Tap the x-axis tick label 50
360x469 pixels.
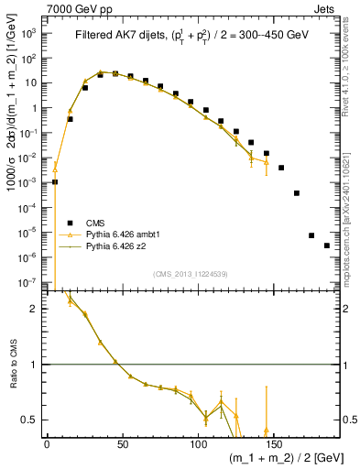click(x=122, y=444)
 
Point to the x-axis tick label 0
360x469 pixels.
click(x=47, y=444)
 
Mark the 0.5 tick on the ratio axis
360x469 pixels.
click(x=31, y=420)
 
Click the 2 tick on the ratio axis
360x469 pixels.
click(x=36, y=309)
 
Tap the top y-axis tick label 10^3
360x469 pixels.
click(x=30, y=32)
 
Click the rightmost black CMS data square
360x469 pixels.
click(x=326, y=245)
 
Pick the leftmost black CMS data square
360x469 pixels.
click(x=55, y=181)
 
